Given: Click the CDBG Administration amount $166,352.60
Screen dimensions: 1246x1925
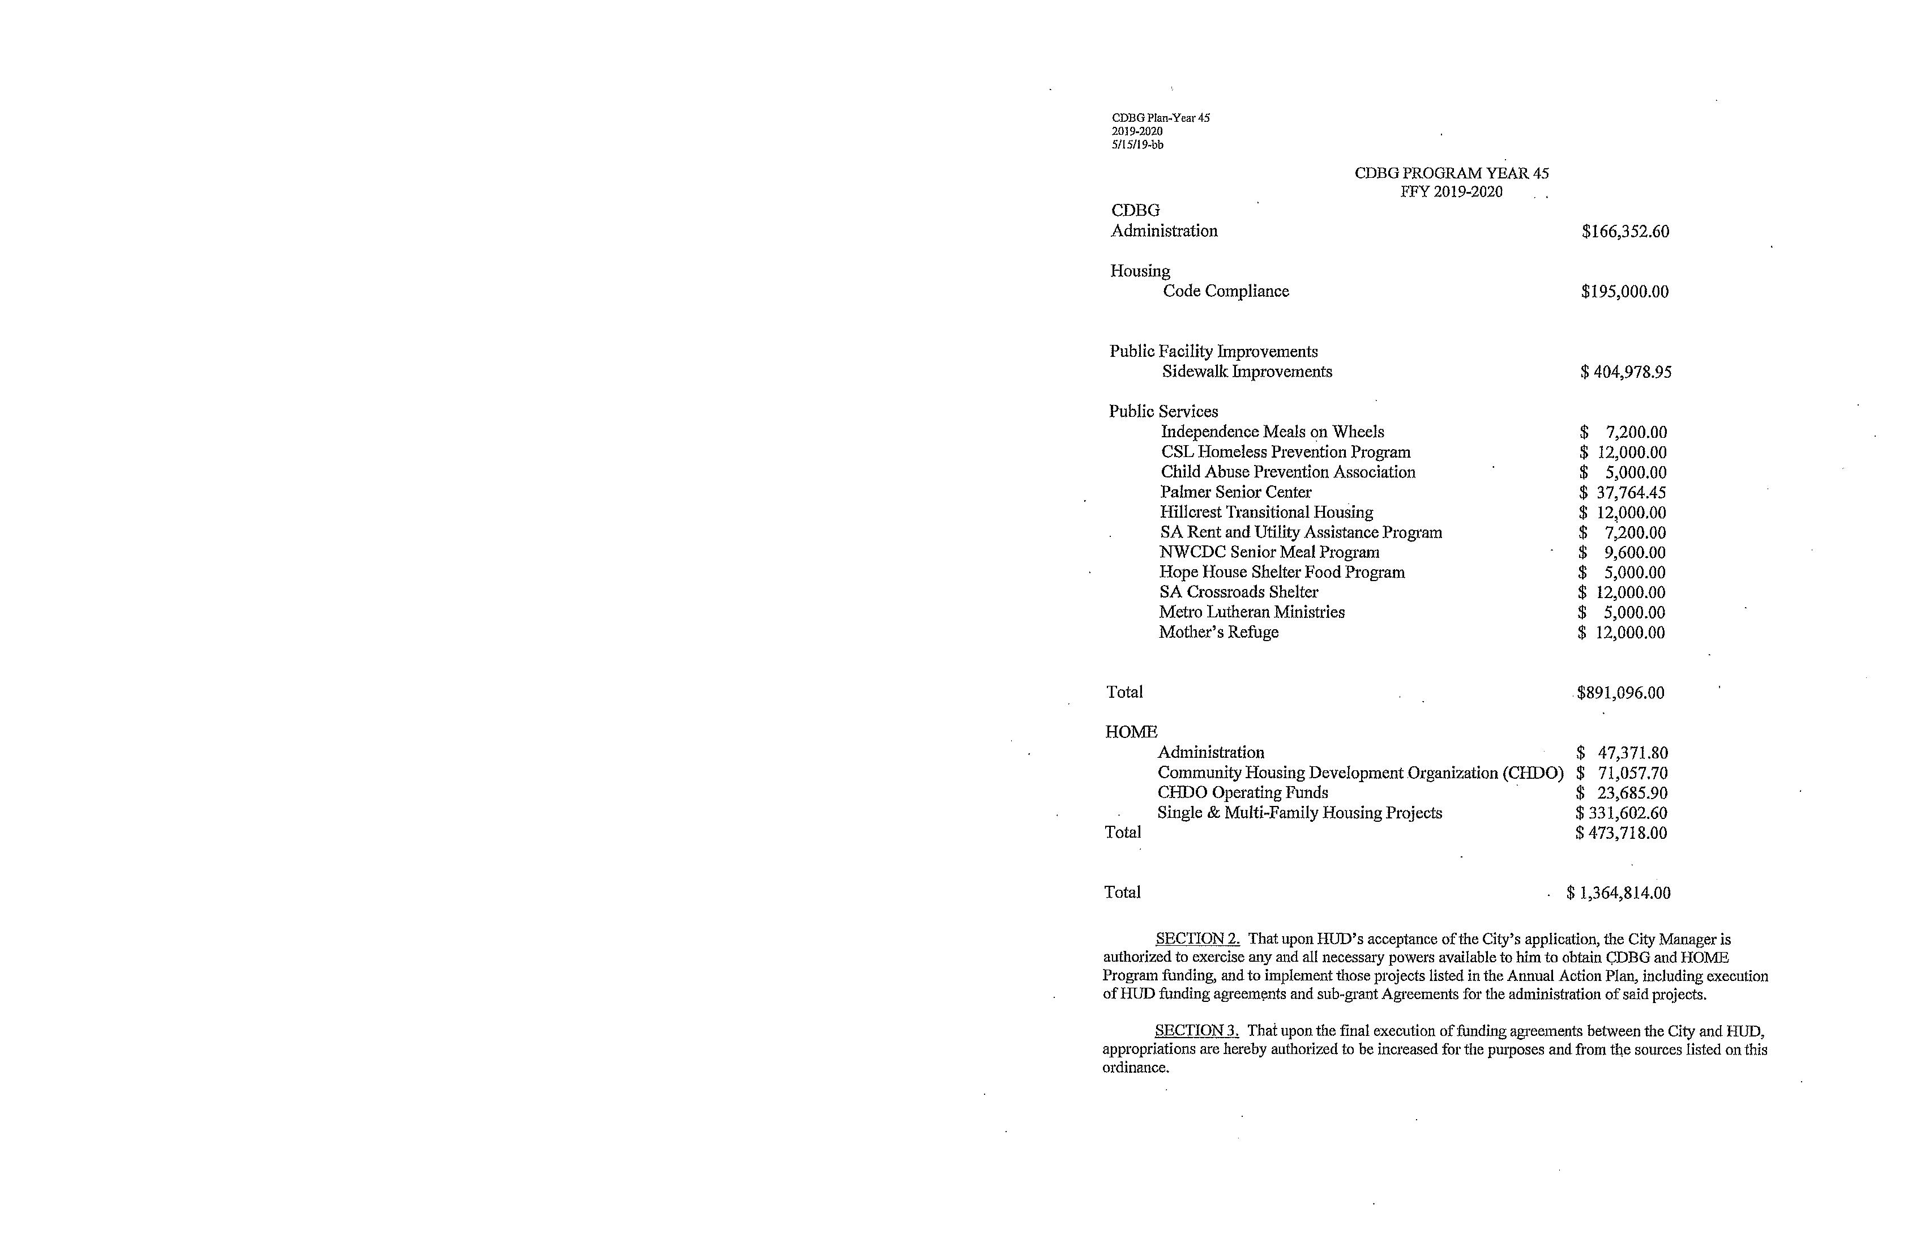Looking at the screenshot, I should pos(1625,232).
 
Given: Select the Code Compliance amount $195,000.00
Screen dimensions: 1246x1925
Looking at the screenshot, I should pos(1624,291).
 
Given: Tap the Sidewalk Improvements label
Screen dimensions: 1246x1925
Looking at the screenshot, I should pos(1246,372).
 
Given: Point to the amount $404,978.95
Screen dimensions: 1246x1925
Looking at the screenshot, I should pos(1625,372).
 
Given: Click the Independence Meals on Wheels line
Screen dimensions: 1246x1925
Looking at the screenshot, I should pos(1272,432).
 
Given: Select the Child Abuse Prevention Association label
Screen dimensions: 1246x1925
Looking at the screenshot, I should pos(1287,472).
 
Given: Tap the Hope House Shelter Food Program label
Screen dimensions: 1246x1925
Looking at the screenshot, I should pos(1282,572).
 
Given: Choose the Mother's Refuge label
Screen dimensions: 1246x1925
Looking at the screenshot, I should pos(1218,632).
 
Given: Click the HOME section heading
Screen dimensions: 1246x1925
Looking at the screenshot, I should pos(1131,732).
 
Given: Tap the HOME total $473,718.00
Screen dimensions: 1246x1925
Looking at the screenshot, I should pos(1621,833).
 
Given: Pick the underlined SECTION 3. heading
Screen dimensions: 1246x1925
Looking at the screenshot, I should pos(1196,1031).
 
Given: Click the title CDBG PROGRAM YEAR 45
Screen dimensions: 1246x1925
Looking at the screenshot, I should pos(1451,173).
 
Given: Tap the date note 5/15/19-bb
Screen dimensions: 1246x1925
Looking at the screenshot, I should pos(1137,145).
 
